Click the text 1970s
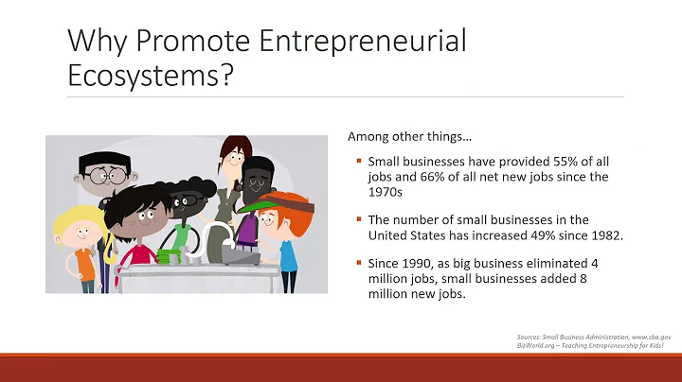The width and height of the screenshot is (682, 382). click(x=386, y=192)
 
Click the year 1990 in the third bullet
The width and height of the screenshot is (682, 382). click(x=412, y=264)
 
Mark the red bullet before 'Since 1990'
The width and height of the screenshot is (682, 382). click(x=357, y=265)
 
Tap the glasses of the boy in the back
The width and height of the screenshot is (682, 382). click(x=105, y=176)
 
